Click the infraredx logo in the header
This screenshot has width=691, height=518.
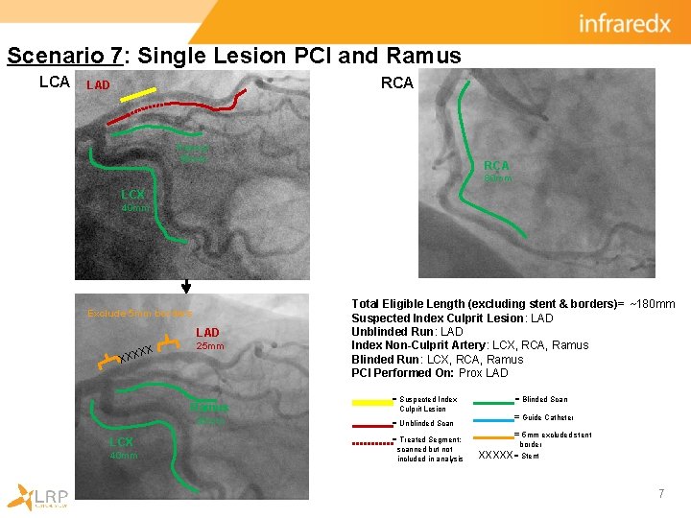[624, 23]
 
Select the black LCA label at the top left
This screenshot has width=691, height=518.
[55, 82]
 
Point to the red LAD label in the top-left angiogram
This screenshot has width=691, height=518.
[98, 86]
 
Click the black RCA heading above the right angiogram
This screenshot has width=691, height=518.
[397, 83]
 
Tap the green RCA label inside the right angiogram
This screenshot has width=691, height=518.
[496, 166]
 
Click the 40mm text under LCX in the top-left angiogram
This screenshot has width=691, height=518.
[135, 208]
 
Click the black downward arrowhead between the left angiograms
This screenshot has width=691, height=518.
[186, 286]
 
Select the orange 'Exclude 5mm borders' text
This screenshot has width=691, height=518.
[140, 314]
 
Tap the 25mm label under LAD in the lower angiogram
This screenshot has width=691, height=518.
[210, 346]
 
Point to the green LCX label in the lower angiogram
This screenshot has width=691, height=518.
[121, 442]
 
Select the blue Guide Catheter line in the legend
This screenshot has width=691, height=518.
[492, 418]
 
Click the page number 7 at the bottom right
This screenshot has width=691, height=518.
[661, 494]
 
